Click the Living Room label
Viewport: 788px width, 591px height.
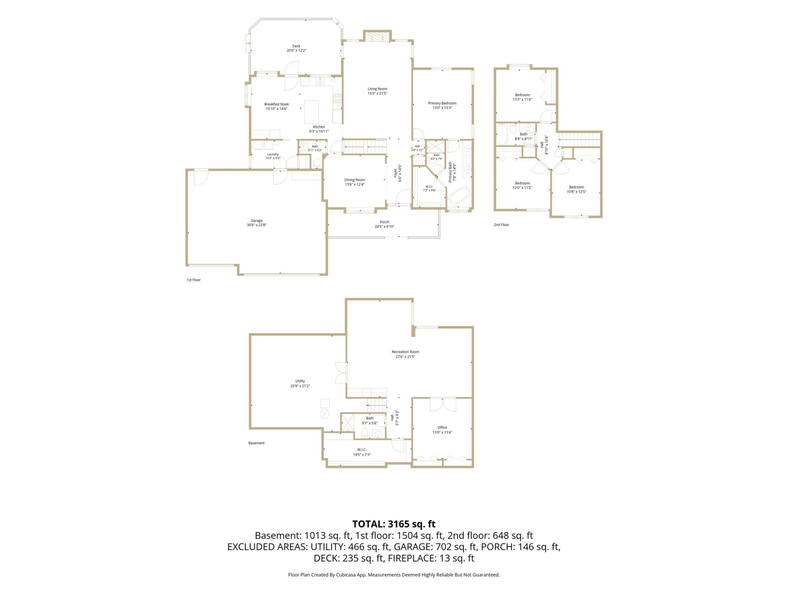377,89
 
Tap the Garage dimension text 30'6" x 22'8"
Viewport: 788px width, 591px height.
256,225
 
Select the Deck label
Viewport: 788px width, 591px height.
296,46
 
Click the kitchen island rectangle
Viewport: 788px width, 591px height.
312,112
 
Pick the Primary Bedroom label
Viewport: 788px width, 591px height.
442,103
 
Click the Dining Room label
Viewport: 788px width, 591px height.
355,180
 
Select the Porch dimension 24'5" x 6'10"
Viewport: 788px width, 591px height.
384,227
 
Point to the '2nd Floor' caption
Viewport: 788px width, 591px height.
501,225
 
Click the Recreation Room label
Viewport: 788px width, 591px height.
405,352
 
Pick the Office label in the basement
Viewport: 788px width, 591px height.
442,428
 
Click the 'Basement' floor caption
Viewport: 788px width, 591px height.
256,443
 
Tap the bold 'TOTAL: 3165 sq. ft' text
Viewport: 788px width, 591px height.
394,524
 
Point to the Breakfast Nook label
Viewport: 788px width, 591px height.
276,104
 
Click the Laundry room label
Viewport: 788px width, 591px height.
273,154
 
